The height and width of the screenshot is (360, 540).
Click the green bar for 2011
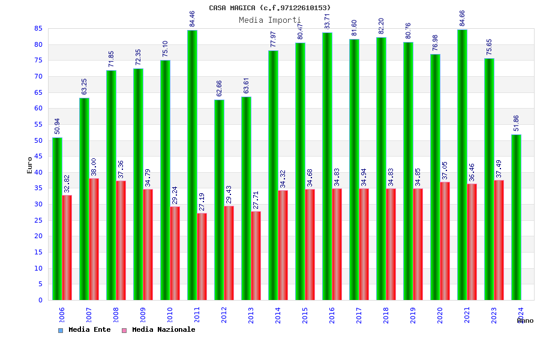pyautogui.click(x=192, y=165)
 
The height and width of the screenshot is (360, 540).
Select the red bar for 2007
pyautogui.click(x=94, y=239)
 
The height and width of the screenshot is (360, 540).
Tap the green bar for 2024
pyautogui.click(x=516, y=217)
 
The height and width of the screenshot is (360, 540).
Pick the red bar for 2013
pyautogui.click(x=256, y=256)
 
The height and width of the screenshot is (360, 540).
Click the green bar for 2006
pyautogui.click(x=57, y=219)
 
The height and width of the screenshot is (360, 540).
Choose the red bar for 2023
pyautogui.click(x=499, y=240)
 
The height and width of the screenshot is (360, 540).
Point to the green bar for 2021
pyautogui.click(x=462, y=164)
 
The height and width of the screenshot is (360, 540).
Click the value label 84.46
pyautogui.click(x=193, y=19)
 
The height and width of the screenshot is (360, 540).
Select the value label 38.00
pyautogui.click(x=94, y=167)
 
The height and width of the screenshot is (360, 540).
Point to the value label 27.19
pyautogui.click(x=202, y=202)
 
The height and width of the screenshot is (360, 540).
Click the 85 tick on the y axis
pyautogui.click(x=38, y=29)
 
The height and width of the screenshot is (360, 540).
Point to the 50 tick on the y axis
pyautogui.click(x=38, y=140)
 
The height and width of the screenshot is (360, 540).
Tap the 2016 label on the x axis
pyautogui.click(x=332, y=315)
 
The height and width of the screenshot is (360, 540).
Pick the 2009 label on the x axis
pyautogui.click(x=143, y=315)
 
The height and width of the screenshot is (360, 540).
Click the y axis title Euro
pyautogui.click(x=30, y=165)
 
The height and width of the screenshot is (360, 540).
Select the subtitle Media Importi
pyautogui.click(x=270, y=20)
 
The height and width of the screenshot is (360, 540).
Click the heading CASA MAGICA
pyautogui.click(x=270, y=8)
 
